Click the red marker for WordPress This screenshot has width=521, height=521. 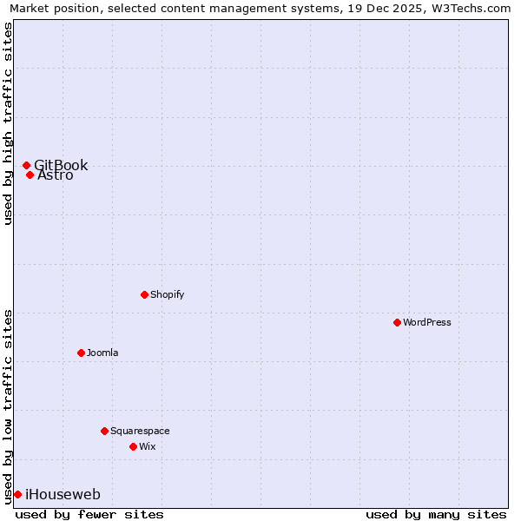[x=397, y=322]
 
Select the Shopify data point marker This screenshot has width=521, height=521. [x=144, y=294]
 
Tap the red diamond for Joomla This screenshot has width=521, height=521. [x=81, y=353]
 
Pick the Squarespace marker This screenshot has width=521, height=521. [x=104, y=431]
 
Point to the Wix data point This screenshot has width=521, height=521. [x=133, y=446]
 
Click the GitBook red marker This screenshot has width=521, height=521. [x=26, y=165]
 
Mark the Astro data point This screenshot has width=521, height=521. [x=30, y=175]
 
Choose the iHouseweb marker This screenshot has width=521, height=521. [x=17, y=494]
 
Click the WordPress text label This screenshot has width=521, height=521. [x=427, y=322]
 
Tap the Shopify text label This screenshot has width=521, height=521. [x=168, y=294]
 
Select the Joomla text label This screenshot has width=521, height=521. [x=102, y=353]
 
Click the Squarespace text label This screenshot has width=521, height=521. [x=140, y=431]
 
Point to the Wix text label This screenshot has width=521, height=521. [x=148, y=446]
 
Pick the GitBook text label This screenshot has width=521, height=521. [x=61, y=165]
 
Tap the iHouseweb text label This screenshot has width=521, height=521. [x=63, y=494]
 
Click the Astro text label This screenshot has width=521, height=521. [x=56, y=175]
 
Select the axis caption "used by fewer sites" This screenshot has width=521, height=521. [x=89, y=514]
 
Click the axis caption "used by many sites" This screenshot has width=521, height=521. [x=436, y=514]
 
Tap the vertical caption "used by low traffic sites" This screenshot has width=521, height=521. [x=9, y=406]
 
